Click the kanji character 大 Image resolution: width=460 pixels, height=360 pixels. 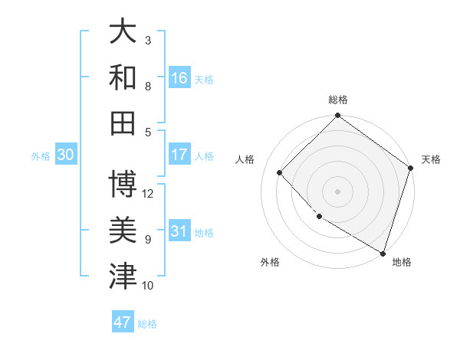pos(123,31)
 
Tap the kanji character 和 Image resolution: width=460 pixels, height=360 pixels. pos(123,77)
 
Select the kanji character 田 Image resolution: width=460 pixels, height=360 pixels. pos(123,122)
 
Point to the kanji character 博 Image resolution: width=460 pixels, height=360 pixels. pos(123,185)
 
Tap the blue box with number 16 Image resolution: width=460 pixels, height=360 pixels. pos(179,77)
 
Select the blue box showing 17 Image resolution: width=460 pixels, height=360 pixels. pos(179,155)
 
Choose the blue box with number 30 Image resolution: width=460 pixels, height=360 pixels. pos(65,155)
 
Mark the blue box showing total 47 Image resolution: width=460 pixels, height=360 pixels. pos(123,322)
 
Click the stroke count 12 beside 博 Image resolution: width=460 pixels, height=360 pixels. pos(149,193)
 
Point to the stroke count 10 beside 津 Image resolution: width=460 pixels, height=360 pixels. pos(149,286)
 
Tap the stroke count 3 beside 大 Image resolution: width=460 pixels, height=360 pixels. pos(148,40)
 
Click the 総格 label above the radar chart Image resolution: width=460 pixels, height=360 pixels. pos(338,100)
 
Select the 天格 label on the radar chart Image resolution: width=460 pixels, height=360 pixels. pos(431,159)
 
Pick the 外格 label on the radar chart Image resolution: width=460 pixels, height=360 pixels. pos(270,262)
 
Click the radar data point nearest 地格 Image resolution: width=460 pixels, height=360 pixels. pos(383,252)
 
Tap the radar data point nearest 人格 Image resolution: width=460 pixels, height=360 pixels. pos(280,172)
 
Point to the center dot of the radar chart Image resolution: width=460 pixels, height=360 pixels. pos(337,191)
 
